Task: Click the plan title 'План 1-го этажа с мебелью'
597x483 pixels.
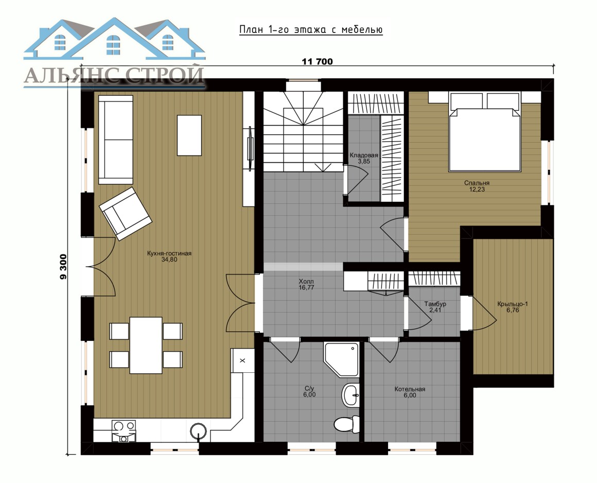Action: [311, 30]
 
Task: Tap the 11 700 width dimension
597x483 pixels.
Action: [317, 61]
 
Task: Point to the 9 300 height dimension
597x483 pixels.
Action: [63, 267]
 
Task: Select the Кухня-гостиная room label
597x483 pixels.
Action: [169, 253]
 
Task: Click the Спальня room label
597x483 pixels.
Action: [477, 183]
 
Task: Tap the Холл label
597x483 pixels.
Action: [307, 282]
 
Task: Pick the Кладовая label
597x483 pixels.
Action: [364, 155]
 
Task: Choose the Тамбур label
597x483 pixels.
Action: [435, 304]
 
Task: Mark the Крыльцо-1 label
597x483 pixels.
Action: [513, 304]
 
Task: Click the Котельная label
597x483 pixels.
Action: [410, 389]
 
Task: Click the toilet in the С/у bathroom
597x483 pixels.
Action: [347, 424]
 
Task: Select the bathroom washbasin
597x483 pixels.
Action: [350, 395]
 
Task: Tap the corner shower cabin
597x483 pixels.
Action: [342, 359]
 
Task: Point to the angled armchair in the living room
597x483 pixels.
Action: [126, 214]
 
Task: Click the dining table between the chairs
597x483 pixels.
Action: [146, 345]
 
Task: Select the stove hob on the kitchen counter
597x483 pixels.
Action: [124, 431]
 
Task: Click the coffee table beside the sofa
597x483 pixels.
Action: [189, 135]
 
